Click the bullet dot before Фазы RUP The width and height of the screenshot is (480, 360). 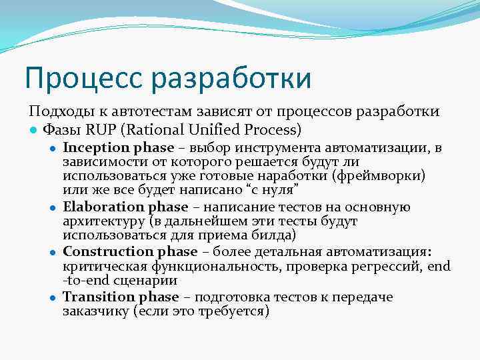(33, 129)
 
